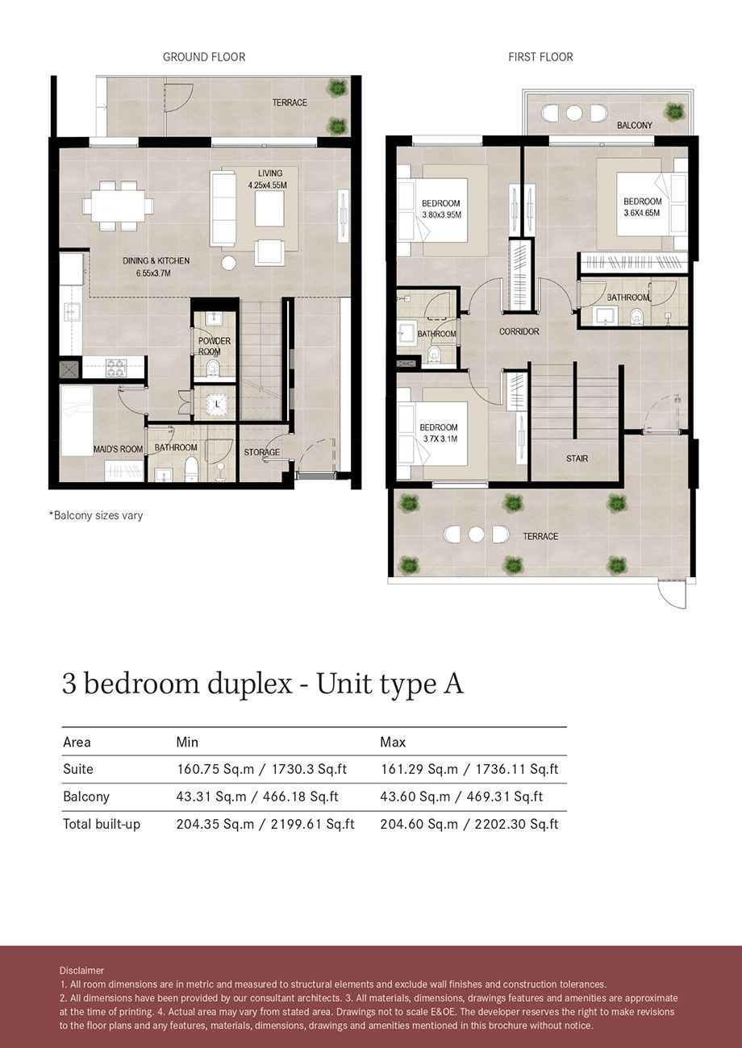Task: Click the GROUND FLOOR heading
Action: [204, 57]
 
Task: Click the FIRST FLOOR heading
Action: [540, 57]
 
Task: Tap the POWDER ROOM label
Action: [215, 346]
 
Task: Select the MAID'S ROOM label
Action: [95, 448]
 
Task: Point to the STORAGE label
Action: [262, 452]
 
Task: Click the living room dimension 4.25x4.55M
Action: [268, 185]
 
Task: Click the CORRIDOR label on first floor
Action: [519, 331]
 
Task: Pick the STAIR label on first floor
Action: [577, 459]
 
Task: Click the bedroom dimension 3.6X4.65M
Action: [642, 214]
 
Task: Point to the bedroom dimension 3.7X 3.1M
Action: [440, 439]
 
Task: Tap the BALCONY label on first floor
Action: [635, 126]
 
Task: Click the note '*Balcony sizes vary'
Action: [96, 515]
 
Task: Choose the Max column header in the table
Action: [394, 742]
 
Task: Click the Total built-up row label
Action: [102, 824]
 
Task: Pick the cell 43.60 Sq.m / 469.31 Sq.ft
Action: [461, 796]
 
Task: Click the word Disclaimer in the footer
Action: [81, 971]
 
